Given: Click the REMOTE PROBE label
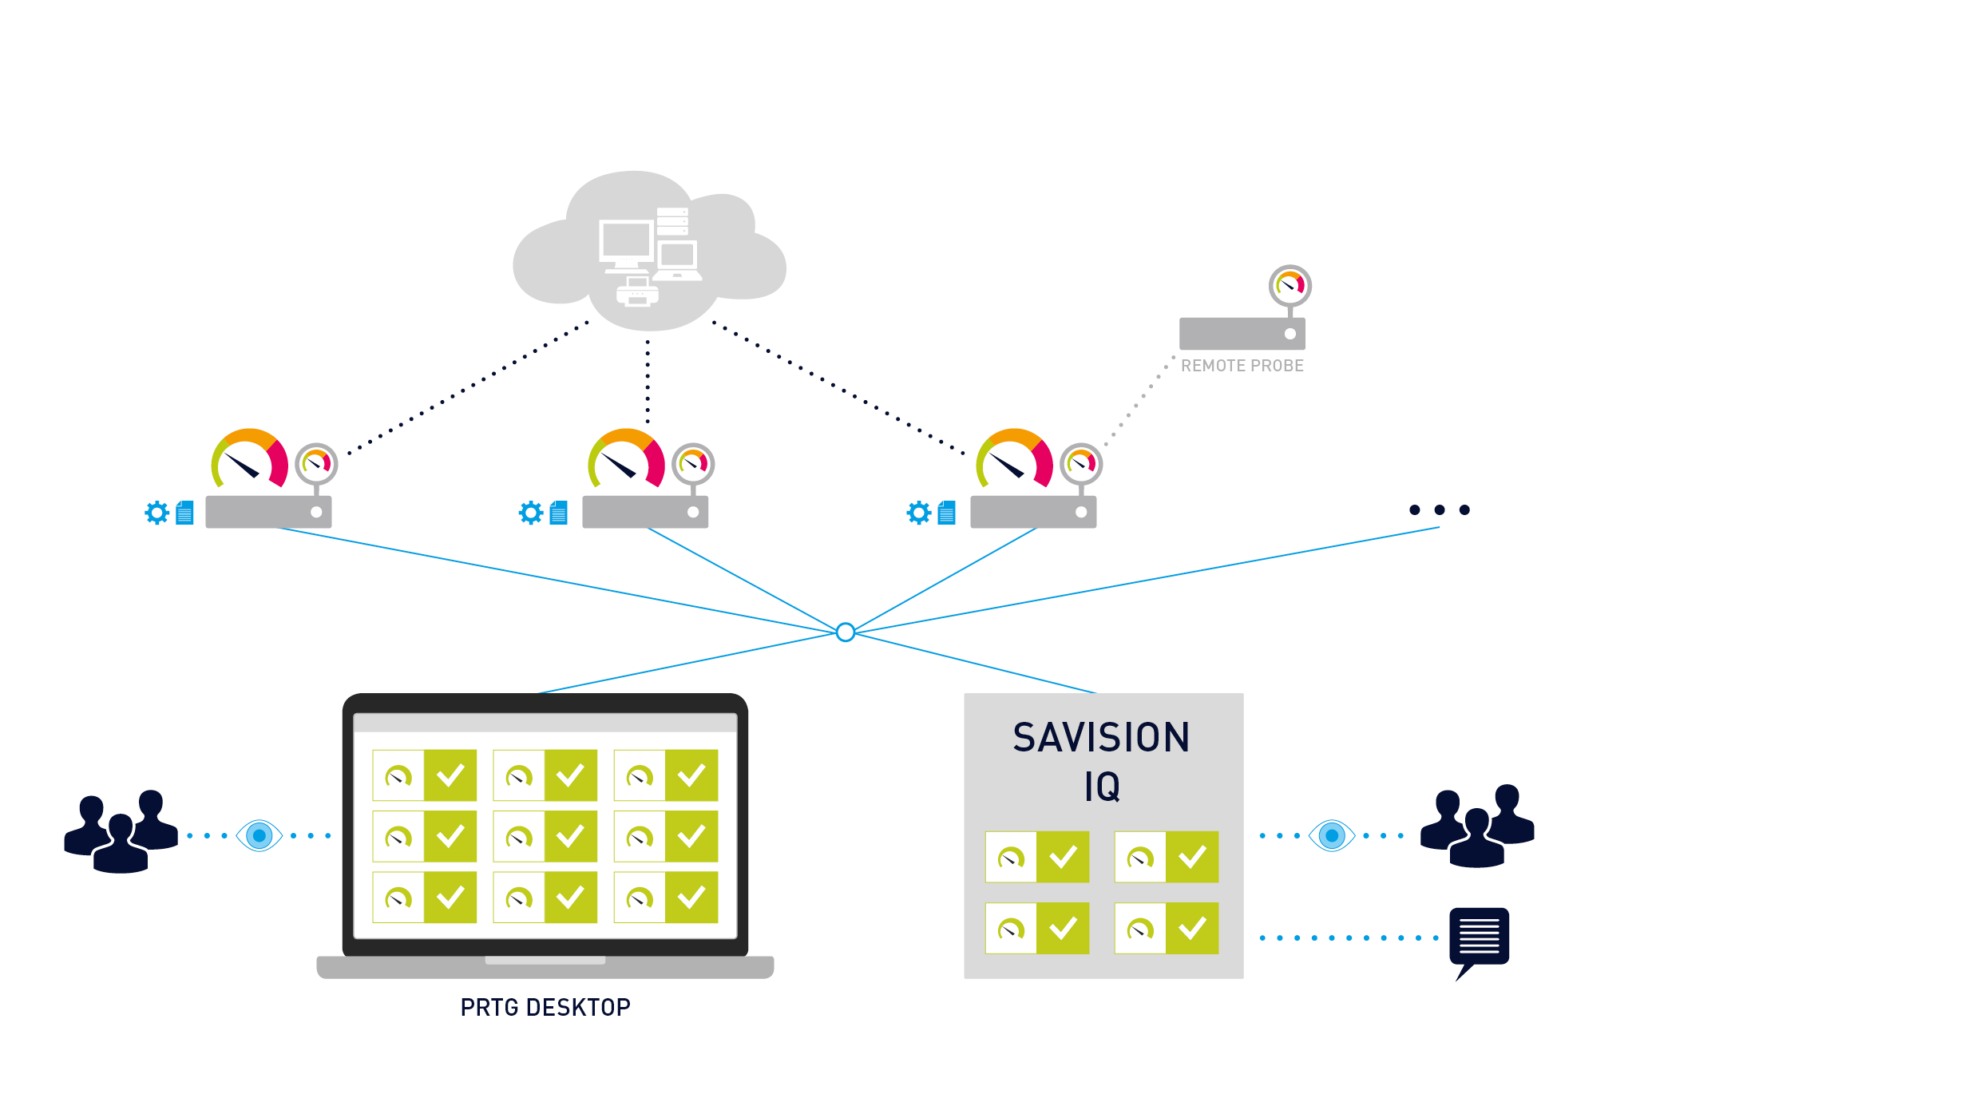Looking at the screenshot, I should [x=1242, y=366].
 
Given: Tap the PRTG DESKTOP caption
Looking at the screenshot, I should [x=545, y=1008].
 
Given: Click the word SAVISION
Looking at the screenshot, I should [x=1101, y=737].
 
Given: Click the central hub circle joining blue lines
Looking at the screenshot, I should [x=846, y=632].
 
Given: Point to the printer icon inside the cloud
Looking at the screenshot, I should [x=637, y=292].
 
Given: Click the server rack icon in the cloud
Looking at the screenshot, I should [x=672, y=221].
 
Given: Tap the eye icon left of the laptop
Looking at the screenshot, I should [x=259, y=836].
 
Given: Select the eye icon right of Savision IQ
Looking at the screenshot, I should [x=1332, y=836].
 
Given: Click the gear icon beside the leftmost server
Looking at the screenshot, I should [x=157, y=513].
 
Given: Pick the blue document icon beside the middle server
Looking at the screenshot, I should [x=559, y=513].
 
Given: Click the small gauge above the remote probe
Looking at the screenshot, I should [x=1290, y=285].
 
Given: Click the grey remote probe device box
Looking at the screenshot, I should [x=1242, y=334].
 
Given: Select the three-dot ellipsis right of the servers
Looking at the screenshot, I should [x=1439, y=509].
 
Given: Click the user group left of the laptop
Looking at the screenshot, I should [x=121, y=832].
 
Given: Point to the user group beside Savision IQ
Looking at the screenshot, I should [x=1477, y=826].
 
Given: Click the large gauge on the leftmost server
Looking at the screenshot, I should [x=249, y=460].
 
